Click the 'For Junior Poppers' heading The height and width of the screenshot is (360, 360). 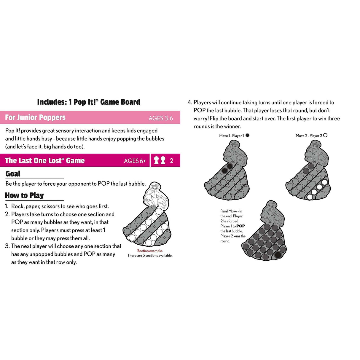coord(35,117)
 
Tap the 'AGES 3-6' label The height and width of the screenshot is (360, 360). coord(161,118)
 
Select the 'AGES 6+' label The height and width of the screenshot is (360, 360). coord(135,161)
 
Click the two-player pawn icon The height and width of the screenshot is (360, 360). coord(160,160)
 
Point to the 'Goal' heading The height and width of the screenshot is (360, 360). coord(13,174)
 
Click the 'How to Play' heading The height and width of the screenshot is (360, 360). coord(25,195)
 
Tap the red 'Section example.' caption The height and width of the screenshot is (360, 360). coord(150,251)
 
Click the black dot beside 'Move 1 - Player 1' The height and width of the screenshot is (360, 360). coord(248,135)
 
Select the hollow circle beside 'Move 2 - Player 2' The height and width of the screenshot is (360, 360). coord(325,135)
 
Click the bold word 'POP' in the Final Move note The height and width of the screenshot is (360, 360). coord(240,226)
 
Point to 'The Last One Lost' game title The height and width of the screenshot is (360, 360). coord(45,161)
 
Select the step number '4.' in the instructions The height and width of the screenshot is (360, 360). coord(189,102)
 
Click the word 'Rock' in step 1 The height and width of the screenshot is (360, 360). coord(18,206)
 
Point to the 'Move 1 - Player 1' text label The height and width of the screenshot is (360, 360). coord(232,136)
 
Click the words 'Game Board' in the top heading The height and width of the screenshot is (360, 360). coord(120,102)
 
